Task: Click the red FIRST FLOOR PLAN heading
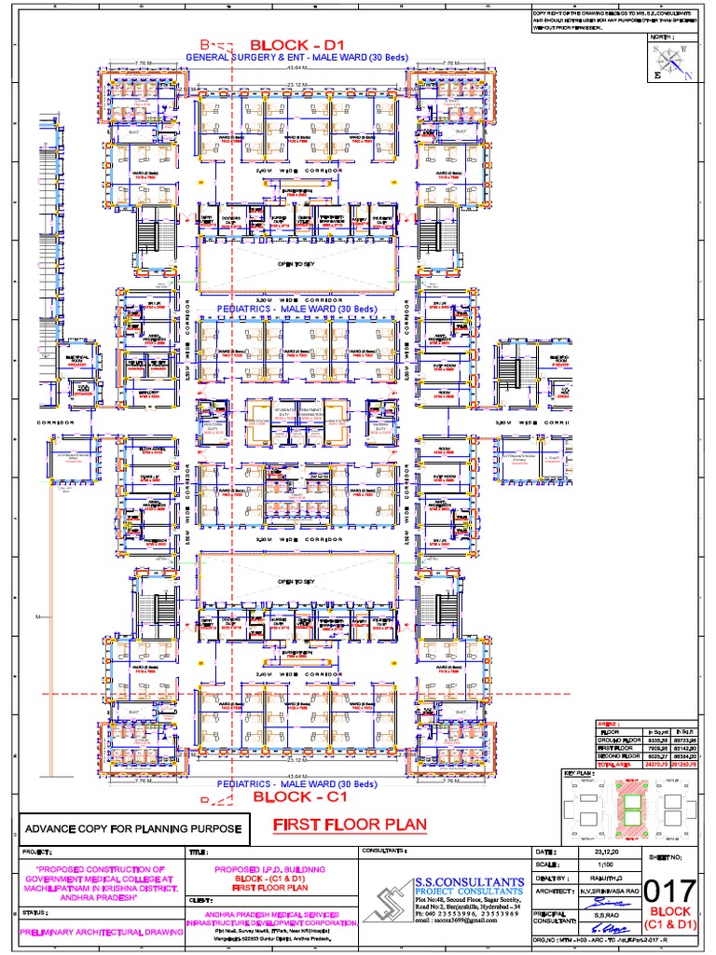350,824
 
